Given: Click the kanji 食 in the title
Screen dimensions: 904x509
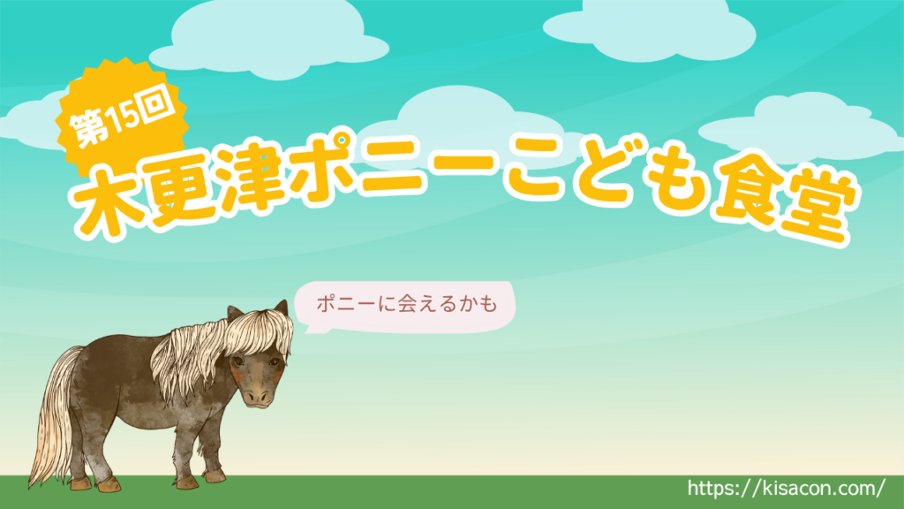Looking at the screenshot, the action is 750,191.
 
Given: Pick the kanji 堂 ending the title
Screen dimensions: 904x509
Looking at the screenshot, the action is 818,203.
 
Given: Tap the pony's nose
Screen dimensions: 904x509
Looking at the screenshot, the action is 257,397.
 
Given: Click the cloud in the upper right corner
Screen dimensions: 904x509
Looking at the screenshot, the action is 650,30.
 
